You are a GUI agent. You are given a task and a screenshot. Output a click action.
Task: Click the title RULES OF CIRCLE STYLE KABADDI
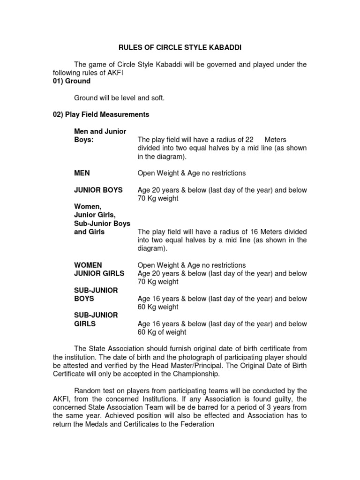click(180, 47)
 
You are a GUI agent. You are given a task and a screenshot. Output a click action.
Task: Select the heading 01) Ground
click(71, 81)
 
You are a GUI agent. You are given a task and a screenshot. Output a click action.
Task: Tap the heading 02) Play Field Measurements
click(101, 114)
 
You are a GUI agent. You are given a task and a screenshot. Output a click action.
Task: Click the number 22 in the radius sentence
click(249, 140)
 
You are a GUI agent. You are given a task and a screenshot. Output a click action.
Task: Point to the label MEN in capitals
click(82, 173)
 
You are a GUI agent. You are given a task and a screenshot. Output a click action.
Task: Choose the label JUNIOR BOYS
click(98, 190)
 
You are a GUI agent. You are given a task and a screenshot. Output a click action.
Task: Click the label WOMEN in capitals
click(88, 265)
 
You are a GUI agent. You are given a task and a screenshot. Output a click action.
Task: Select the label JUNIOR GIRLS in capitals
click(99, 274)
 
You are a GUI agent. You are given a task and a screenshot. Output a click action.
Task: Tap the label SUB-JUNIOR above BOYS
click(96, 291)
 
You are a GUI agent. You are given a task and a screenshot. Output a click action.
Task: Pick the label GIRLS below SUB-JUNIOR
click(85, 324)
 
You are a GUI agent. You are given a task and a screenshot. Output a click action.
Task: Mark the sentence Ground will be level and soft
click(120, 98)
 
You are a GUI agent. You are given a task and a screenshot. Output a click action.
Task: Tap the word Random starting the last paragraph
click(89, 391)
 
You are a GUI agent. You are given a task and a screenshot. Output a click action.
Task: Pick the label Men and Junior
click(100, 131)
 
